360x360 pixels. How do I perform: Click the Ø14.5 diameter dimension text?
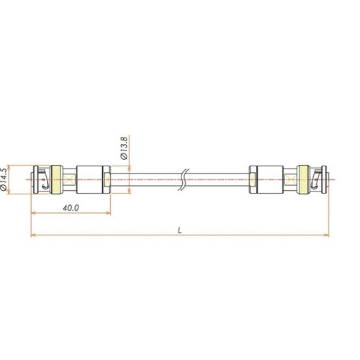coord(4,179)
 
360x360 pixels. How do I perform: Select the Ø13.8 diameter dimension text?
coord(125,148)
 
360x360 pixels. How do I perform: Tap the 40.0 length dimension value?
coord(71,208)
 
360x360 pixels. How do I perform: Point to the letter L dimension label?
coord(180,231)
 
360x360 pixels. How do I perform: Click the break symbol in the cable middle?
coord(184,179)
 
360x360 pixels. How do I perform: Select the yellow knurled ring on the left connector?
coord(56,179)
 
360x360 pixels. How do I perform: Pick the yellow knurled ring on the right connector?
coord(303,179)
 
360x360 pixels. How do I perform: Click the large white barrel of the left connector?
coord(89,179)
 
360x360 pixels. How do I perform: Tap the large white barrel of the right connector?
coord(270,179)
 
